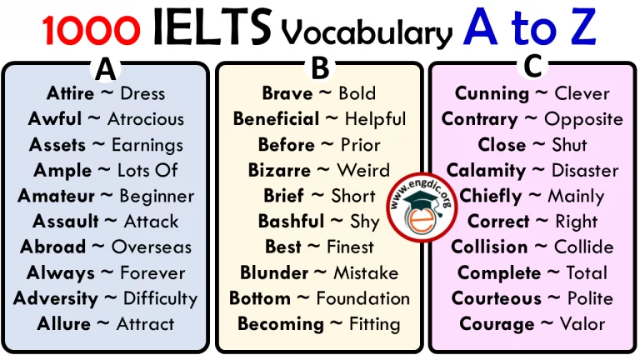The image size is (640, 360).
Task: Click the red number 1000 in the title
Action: pyautogui.click(x=91, y=31)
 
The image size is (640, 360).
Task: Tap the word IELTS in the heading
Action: pyautogui.click(x=212, y=30)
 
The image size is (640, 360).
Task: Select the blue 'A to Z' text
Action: pyautogui.click(x=530, y=29)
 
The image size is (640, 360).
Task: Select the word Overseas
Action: pyautogui.click(x=151, y=247)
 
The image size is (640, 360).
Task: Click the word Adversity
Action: pyautogui.click(x=55, y=298)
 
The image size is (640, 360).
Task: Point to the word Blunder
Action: pyautogui.click(x=275, y=272)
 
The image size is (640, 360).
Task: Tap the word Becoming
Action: pyautogui.click(x=278, y=324)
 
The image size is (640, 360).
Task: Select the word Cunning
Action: pyautogui.click(x=492, y=93)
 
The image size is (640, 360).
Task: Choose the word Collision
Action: pyautogui.click(x=489, y=247)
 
